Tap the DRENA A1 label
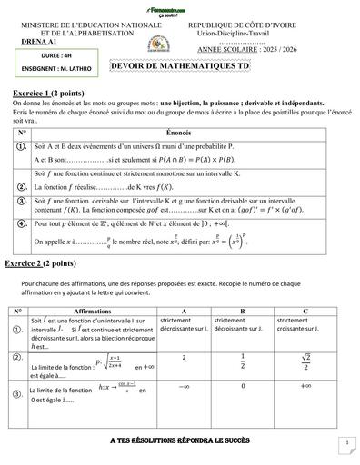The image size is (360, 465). (35, 42)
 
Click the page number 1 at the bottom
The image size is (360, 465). (347, 442)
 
